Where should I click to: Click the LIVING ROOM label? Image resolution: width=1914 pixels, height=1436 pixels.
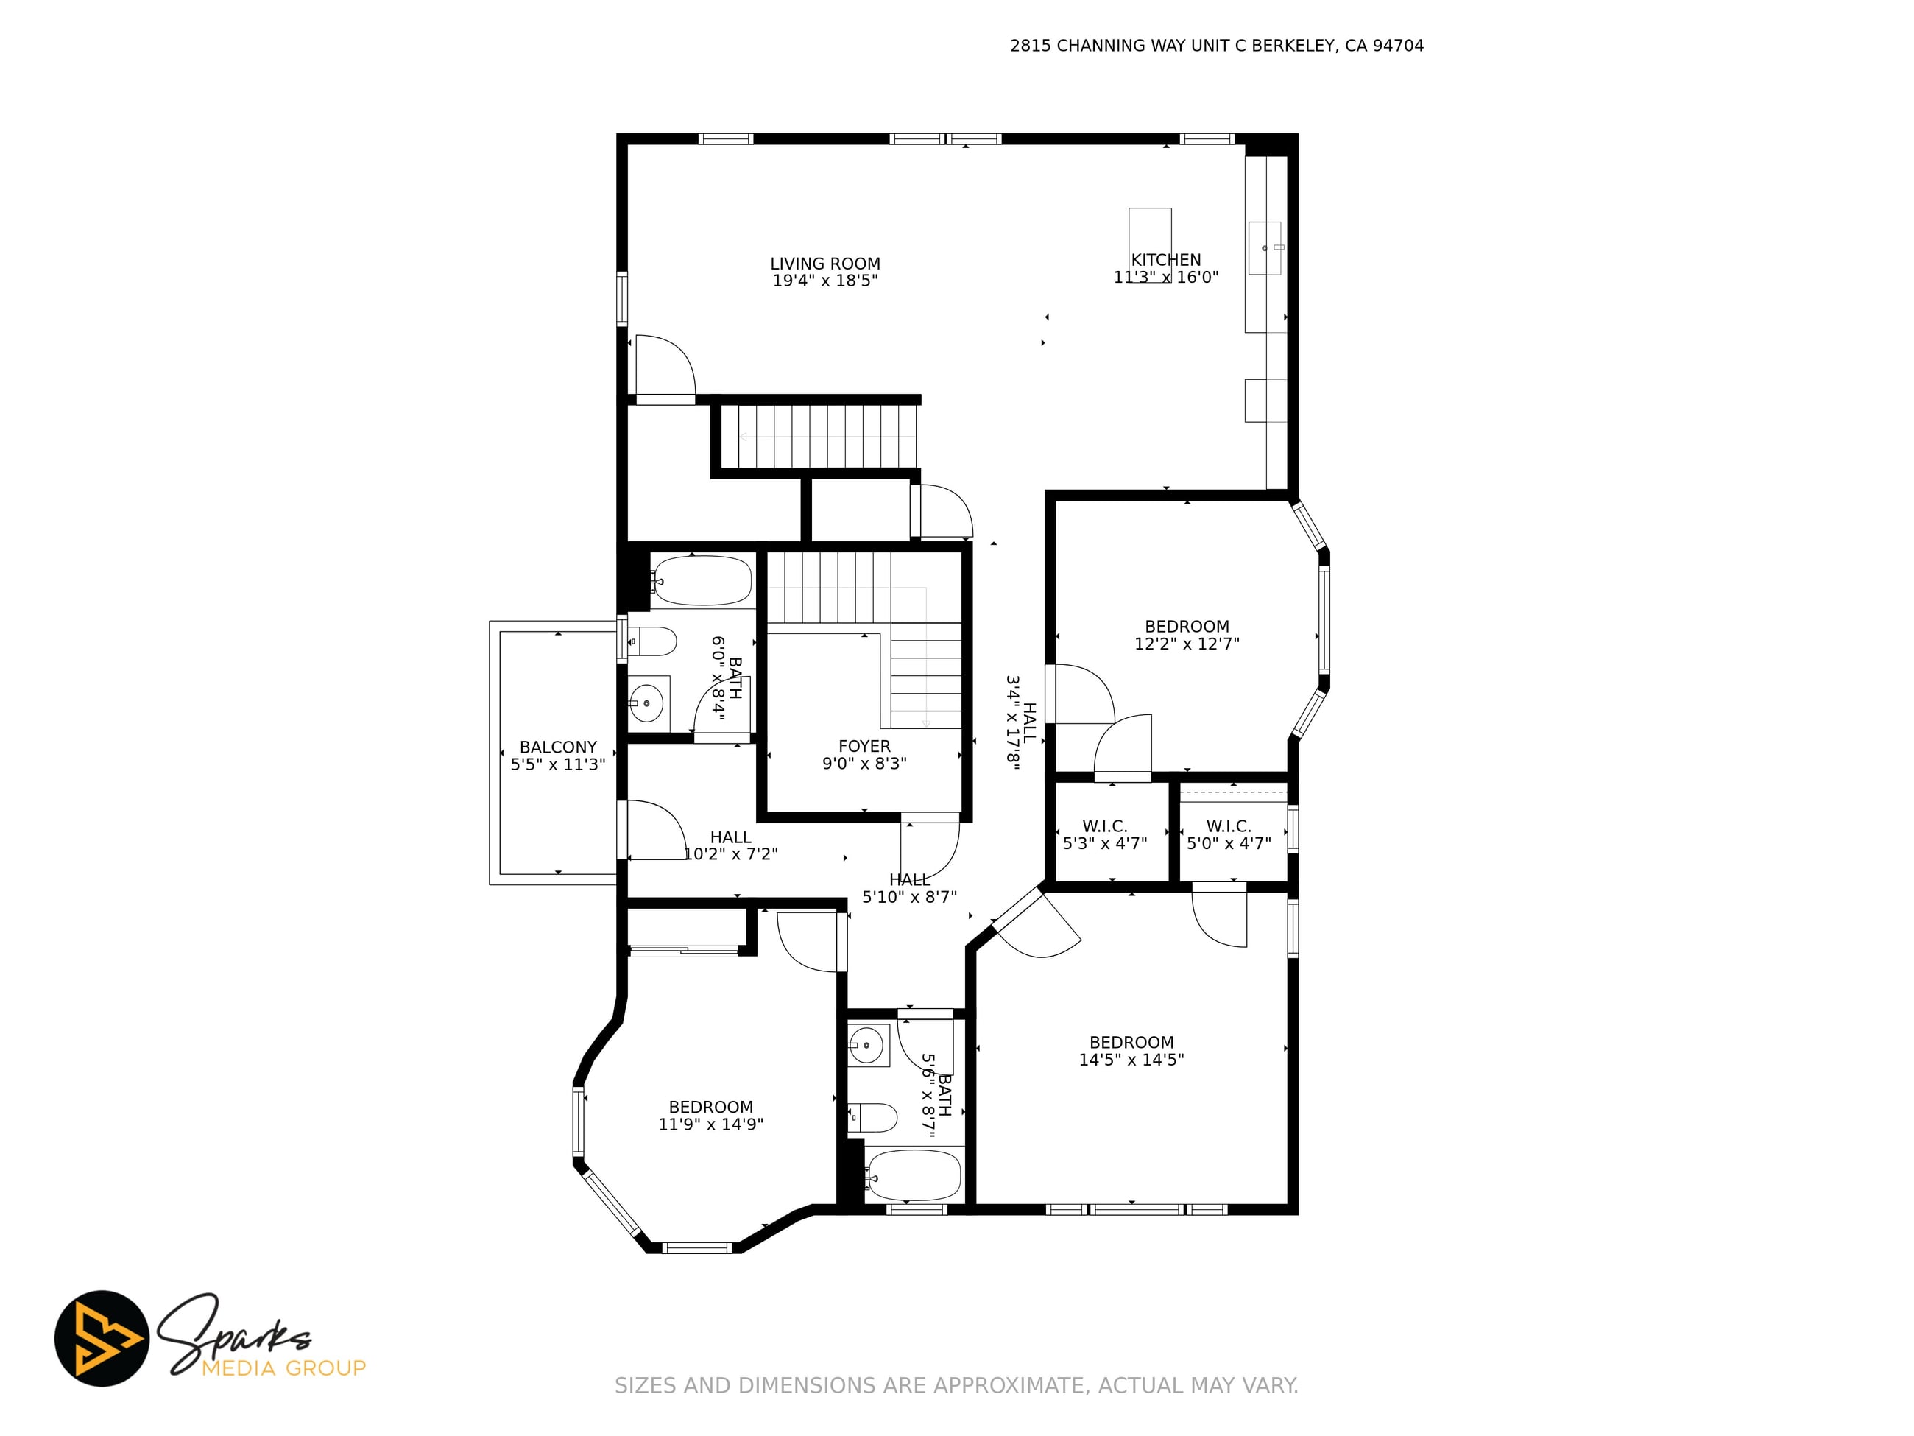point(824,264)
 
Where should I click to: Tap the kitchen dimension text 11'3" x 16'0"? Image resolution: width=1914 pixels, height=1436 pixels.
point(1165,277)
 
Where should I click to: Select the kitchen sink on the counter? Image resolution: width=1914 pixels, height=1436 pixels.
point(1264,248)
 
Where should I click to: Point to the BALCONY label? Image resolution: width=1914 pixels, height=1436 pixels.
point(558,747)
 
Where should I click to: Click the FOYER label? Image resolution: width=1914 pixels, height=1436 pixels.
point(864,746)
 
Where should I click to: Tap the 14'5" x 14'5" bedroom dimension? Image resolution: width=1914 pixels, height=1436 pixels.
point(1131,1060)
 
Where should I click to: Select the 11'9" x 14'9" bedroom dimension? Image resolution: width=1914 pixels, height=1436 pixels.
point(710,1124)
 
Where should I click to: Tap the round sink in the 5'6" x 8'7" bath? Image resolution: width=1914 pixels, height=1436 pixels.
point(867,1046)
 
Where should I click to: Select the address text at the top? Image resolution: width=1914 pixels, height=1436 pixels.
point(1217,46)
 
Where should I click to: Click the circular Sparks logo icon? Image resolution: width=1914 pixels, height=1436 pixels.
point(102,1338)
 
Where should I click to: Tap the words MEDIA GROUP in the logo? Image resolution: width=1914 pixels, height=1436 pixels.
point(284,1368)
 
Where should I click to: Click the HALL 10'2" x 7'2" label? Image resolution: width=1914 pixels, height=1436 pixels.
point(730,845)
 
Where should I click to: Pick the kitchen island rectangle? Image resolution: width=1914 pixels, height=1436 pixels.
point(1150,245)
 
